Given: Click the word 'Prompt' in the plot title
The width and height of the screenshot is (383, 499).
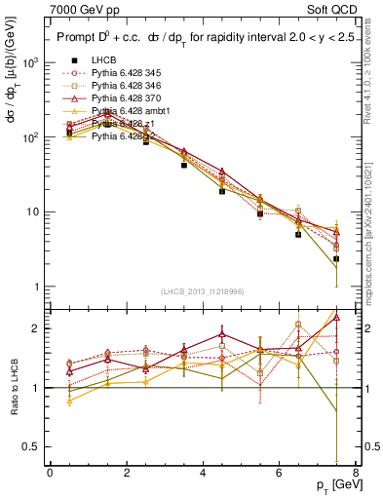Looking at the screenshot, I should click(79, 39).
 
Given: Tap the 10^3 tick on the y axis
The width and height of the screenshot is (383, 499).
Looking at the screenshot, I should click(30, 62).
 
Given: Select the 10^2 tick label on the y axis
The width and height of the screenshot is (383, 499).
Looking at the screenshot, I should click(30, 137).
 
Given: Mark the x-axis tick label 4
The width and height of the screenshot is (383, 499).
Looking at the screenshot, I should click(203, 473).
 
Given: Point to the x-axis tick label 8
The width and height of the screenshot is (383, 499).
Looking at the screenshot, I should click(355, 473).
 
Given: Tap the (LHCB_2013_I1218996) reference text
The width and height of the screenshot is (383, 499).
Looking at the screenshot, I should click(204, 292).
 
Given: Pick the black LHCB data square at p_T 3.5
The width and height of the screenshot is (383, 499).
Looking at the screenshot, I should click(183, 166).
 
